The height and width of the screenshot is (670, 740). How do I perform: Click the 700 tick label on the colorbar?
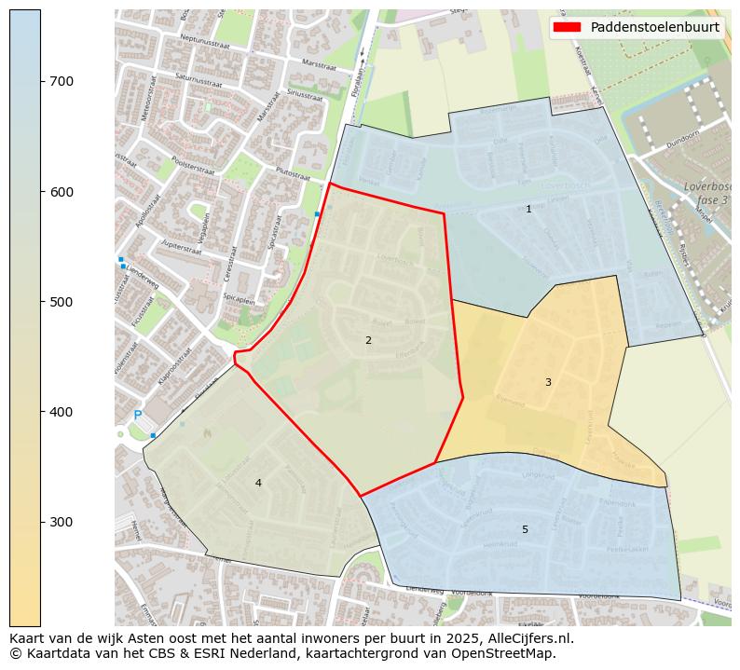tap(62, 81)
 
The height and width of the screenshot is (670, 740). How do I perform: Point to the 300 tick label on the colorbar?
tap(62, 521)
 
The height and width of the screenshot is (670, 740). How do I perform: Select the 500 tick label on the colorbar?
tap(62, 301)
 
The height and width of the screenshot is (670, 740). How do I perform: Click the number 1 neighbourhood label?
tap(528, 209)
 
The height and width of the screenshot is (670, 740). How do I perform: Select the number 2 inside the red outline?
tap(368, 340)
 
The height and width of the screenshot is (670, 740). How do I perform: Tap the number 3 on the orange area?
tap(548, 382)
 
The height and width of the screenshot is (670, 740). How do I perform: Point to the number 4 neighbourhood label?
tap(258, 483)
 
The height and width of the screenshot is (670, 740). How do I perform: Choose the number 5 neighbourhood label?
tap(525, 529)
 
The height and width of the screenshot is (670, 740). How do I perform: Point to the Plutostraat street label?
tap(293, 172)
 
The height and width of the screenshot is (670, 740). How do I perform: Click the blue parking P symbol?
tap(138, 416)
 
